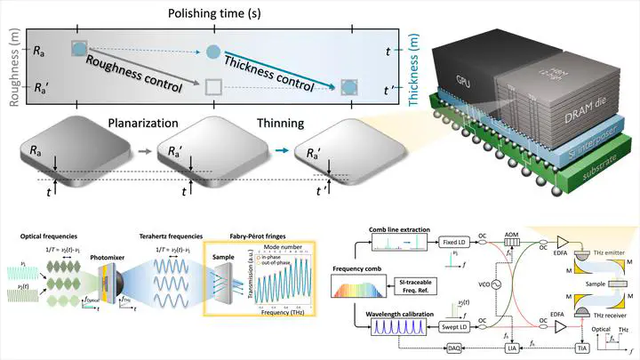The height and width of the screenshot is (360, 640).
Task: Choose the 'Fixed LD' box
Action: [x=458, y=242]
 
